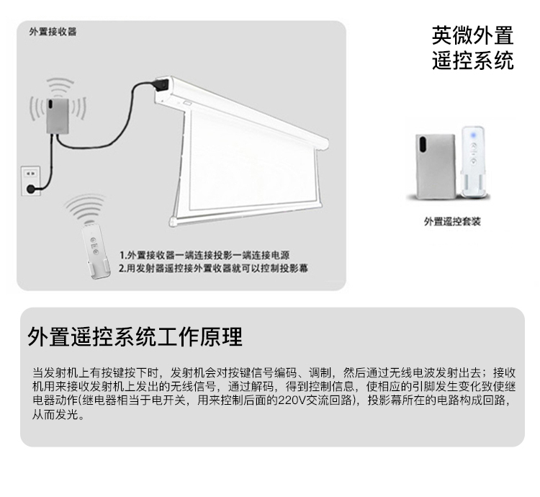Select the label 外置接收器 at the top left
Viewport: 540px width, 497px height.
pos(53,32)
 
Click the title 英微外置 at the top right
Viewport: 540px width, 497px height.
pos(472,35)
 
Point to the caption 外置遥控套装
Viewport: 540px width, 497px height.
pos(452,221)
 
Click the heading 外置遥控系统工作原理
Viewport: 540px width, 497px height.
pos(135,337)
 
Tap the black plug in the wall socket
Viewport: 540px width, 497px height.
pos(31,189)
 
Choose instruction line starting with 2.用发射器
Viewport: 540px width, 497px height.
pos(213,268)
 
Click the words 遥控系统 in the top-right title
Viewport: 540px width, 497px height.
pos(472,61)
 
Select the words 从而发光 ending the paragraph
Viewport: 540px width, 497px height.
pos(58,416)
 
